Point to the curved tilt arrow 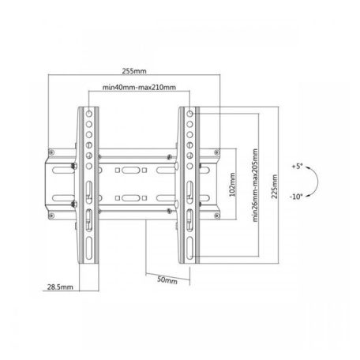pos(313,182)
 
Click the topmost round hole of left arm pos(88,113)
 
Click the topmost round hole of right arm pos(189,113)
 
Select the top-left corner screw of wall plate pos(74,166)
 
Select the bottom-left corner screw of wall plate pos(74,208)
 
